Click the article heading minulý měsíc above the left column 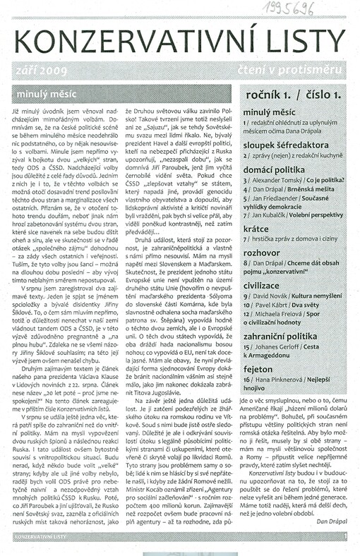tap(39, 92)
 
